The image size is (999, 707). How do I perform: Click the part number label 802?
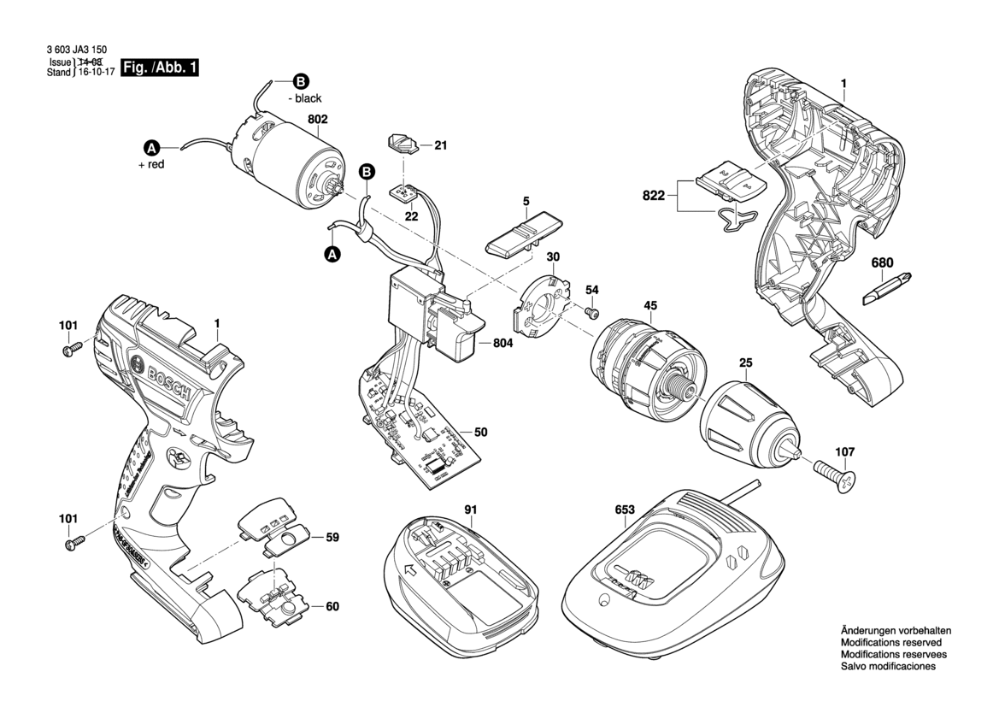(317, 121)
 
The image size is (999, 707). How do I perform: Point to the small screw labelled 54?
(590, 314)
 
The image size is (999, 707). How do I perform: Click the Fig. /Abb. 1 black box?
(161, 68)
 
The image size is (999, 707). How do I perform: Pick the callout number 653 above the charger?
(625, 510)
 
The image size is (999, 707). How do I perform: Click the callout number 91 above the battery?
(470, 510)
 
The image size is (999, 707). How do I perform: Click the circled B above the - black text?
(300, 82)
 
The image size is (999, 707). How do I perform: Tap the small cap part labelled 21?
(404, 143)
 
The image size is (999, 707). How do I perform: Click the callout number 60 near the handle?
(332, 607)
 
